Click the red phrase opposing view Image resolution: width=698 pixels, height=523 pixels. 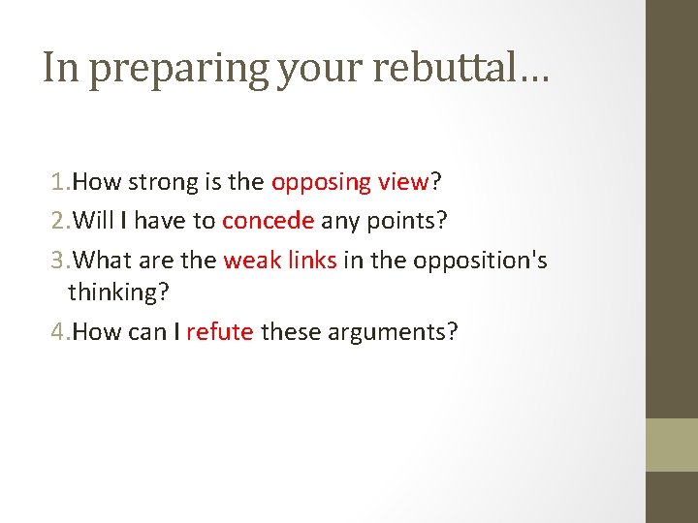point(350,182)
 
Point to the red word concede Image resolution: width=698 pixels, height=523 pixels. point(268,221)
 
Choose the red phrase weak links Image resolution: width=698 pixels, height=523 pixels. point(280,261)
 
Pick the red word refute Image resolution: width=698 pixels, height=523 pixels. point(220,332)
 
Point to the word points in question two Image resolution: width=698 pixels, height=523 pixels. point(406,221)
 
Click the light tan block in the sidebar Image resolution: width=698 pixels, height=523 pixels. point(672,445)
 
